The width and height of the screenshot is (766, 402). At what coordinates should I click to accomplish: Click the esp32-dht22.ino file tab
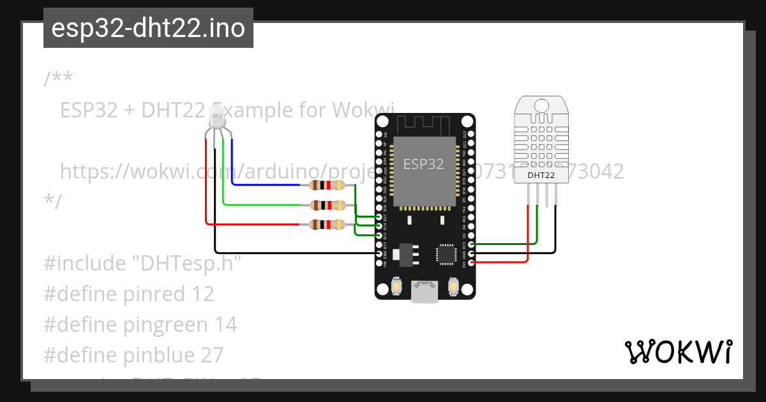click(x=148, y=29)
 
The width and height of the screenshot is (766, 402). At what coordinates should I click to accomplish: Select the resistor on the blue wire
click(x=326, y=186)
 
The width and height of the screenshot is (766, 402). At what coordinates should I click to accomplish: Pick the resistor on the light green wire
click(x=326, y=205)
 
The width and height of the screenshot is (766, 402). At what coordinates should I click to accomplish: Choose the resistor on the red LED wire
click(x=326, y=224)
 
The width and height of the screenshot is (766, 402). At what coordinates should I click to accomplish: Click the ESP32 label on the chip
click(x=423, y=164)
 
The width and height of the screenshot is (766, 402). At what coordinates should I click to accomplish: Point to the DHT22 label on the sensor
click(x=540, y=175)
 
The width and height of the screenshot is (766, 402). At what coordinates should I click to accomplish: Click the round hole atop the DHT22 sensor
click(x=541, y=105)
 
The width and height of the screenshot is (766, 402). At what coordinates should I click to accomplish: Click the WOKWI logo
click(x=678, y=352)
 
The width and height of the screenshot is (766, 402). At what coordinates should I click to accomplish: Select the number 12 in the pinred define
click(x=202, y=294)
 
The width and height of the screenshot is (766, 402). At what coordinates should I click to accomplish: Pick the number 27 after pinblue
click(x=212, y=355)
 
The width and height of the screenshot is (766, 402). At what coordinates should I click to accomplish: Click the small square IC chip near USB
click(x=444, y=254)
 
